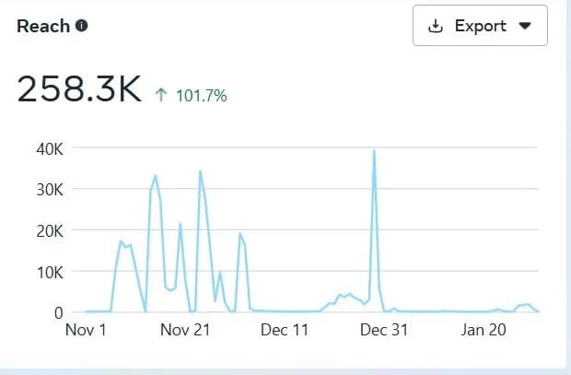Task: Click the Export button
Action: click(x=480, y=26)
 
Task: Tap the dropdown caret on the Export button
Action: click(x=525, y=26)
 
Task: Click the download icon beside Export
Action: click(x=437, y=26)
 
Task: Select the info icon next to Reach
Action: click(x=82, y=26)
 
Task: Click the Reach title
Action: click(x=43, y=26)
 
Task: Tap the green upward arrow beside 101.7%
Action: click(x=161, y=95)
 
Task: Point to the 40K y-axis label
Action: click(x=48, y=148)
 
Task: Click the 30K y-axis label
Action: click(x=48, y=189)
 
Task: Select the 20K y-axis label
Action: click(x=48, y=230)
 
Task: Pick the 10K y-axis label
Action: click(x=48, y=272)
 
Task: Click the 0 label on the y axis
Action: click(x=56, y=312)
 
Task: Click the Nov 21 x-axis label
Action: click(x=187, y=330)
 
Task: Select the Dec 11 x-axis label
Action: click(x=285, y=330)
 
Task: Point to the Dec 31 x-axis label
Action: click(x=384, y=330)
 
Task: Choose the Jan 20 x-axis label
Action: click(x=484, y=330)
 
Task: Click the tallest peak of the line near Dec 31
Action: click(x=374, y=150)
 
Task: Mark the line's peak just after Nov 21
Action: click(x=200, y=171)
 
